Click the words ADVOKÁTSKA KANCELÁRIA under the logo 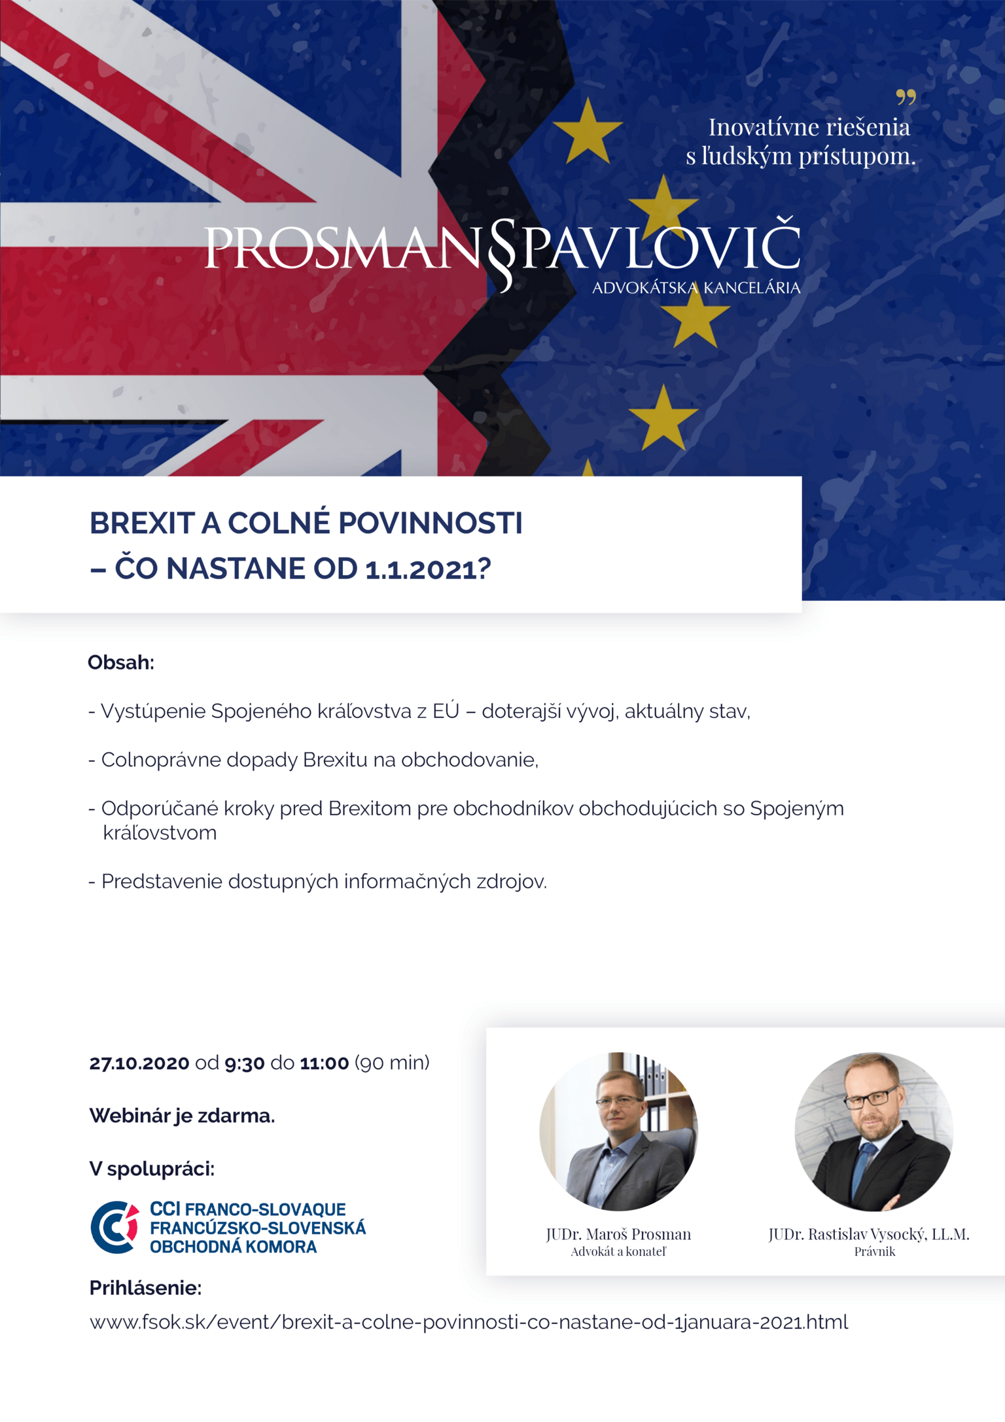click(x=696, y=288)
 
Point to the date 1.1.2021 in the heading click(x=421, y=569)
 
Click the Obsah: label click(x=121, y=662)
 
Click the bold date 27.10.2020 click(x=139, y=1063)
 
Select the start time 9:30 click(x=244, y=1063)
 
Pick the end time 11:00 click(x=325, y=1063)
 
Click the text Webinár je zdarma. click(x=182, y=1116)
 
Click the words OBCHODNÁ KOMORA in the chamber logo click(x=234, y=1247)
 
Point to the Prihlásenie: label click(x=145, y=1288)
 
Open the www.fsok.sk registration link click(x=468, y=1323)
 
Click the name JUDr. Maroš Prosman click(x=618, y=1234)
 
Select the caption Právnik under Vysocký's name click(x=874, y=1251)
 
